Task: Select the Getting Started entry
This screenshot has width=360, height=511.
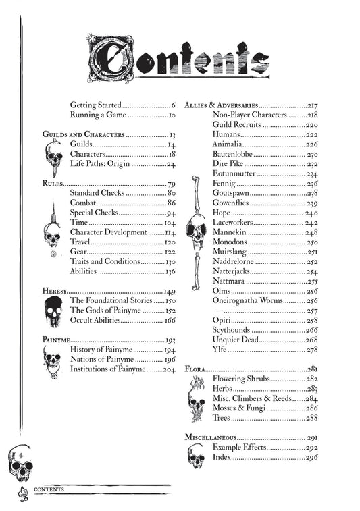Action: (x=95, y=105)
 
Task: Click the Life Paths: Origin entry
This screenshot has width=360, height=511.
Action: (x=100, y=164)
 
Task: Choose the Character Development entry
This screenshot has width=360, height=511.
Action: (x=108, y=232)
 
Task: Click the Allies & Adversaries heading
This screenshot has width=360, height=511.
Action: (x=221, y=106)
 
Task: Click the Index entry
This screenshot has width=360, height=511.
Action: (x=222, y=457)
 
